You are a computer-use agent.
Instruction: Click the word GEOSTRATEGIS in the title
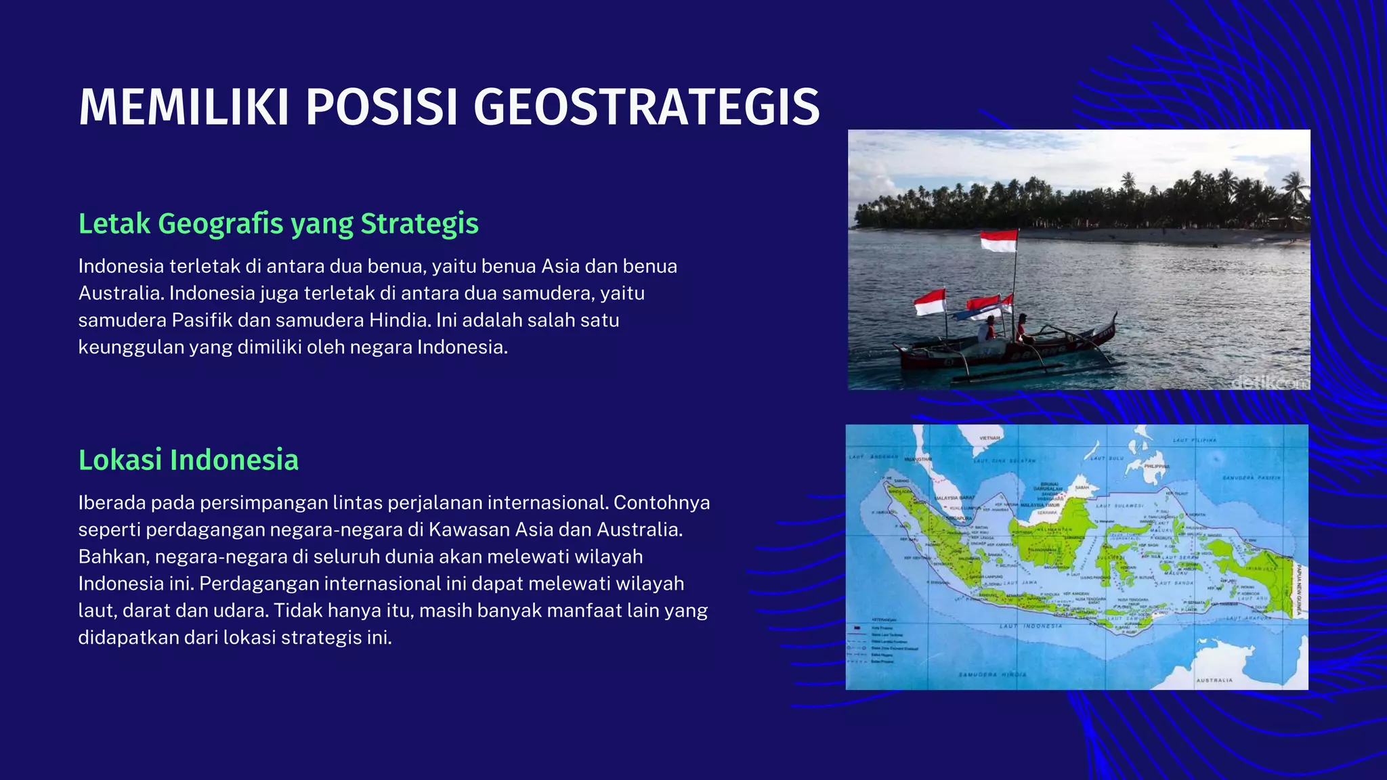(x=647, y=107)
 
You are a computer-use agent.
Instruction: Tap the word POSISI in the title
(x=384, y=107)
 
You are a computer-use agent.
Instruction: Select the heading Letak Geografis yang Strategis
(x=278, y=223)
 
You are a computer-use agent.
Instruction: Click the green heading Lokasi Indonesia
(x=188, y=460)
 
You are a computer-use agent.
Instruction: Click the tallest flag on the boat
(x=999, y=240)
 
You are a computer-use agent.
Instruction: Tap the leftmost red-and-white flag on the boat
(x=929, y=302)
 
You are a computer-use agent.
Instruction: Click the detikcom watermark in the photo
(x=1269, y=383)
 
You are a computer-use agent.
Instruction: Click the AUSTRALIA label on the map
(x=1214, y=680)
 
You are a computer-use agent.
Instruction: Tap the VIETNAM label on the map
(x=989, y=438)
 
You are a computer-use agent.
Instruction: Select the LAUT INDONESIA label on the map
(x=1031, y=626)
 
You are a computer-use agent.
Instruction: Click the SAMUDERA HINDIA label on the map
(x=992, y=674)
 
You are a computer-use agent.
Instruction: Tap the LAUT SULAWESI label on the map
(x=1119, y=505)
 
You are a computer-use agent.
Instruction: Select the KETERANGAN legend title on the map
(x=884, y=620)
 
